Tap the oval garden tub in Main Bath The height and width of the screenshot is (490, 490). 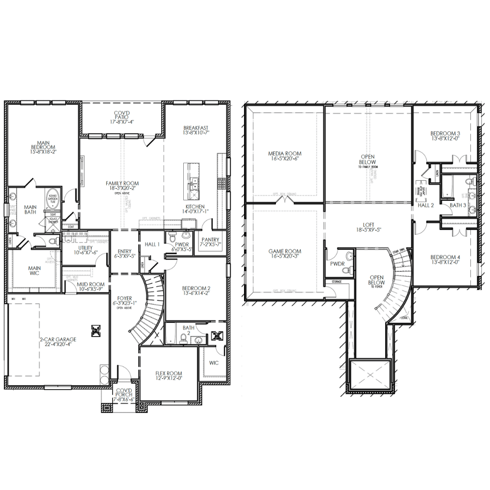52,200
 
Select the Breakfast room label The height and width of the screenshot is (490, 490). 196,129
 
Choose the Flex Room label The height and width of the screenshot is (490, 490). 169,375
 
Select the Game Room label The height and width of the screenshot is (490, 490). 285,253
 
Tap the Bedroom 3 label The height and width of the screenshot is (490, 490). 445,136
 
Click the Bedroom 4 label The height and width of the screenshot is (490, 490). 445,260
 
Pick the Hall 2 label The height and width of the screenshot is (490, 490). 425,205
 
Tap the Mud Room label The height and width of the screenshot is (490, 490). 91,286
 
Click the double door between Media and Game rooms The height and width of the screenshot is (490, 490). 285,201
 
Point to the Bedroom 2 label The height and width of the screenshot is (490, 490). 196,291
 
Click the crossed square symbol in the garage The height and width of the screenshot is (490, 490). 94,330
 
